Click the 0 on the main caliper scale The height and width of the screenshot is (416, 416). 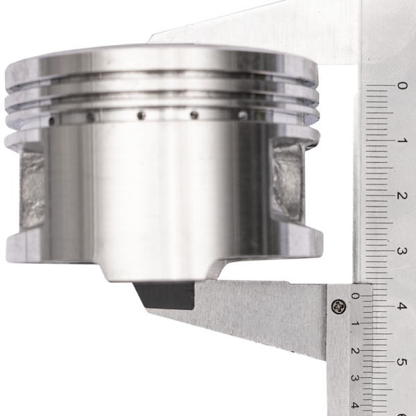click(401, 86)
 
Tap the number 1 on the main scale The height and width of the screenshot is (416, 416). click(402, 140)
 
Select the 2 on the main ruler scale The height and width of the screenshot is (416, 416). click(402, 196)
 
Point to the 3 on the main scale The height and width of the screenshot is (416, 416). click(401, 251)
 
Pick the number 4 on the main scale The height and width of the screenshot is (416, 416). click(402, 306)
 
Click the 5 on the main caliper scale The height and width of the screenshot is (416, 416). click(402, 362)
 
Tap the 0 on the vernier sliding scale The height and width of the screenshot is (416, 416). click(356, 296)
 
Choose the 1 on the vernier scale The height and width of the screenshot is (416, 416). click(356, 324)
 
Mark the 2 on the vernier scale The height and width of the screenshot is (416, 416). click(356, 351)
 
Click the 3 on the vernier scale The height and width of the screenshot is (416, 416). click(356, 378)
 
